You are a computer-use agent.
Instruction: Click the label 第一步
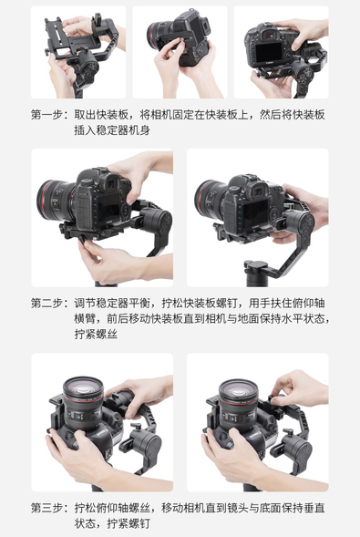(x=46, y=115)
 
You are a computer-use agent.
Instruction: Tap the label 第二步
(x=46, y=303)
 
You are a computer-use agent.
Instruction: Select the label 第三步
(x=46, y=508)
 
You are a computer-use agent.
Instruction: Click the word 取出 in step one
(x=85, y=115)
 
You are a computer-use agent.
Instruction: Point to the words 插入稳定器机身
(x=112, y=130)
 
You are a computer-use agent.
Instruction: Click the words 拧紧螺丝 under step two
(x=96, y=334)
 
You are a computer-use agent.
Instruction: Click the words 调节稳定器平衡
(x=112, y=303)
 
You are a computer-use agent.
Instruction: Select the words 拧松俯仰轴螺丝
(x=112, y=508)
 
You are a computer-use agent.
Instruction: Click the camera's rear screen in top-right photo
(x=269, y=52)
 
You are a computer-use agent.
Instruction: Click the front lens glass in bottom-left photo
(x=83, y=389)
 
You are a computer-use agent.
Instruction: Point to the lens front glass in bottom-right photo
(x=238, y=391)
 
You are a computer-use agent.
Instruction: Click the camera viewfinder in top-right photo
(x=272, y=35)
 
